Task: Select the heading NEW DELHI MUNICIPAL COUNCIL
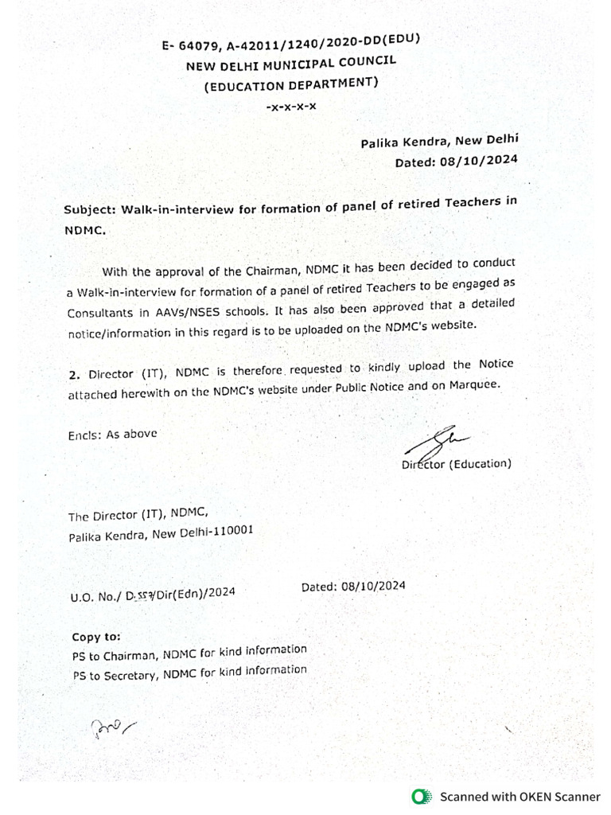pyautogui.click(x=290, y=64)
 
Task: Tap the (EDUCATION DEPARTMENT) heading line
pyautogui.click(x=291, y=84)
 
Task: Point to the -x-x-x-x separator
pyautogui.click(x=291, y=106)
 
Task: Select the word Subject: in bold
pyautogui.click(x=91, y=210)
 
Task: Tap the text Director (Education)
pyautogui.click(x=456, y=463)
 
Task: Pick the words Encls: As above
pyautogui.click(x=112, y=435)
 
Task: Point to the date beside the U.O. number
pyautogui.click(x=353, y=587)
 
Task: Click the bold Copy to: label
pyautogui.click(x=96, y=637)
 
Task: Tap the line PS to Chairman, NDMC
pyautogui.click(x=189, y=653)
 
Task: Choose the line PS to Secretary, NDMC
pyautogui.click(x=189, y=673)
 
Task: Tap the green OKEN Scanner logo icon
pyautogui.click(x=421, y=796)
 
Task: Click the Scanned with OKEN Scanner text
pyautogui.click(x=520, y=796)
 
